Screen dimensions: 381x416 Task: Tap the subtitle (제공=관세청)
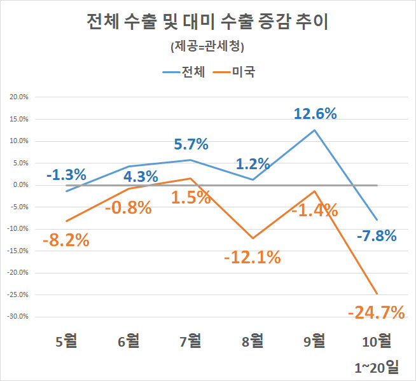[x=207, y=46]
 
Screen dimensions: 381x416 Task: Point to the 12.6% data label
[x=315, y=114]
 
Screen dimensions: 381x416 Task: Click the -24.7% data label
[x=377, y=312]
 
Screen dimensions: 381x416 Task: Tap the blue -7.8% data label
[x=376, y=236]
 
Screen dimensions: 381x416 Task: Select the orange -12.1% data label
[x=252, y=257]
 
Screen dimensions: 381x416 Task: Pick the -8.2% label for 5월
[x=66, y=240]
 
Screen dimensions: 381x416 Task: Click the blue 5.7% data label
[x=191, y=144]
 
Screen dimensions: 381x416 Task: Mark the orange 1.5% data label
[x=191, y=197]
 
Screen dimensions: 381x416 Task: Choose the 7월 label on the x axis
[x=190, y=341]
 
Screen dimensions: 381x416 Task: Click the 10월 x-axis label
[x=376, y=341]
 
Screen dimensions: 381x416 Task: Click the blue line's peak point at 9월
[x=314, y=130]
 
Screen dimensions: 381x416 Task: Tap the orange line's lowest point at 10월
[x=377, y=293]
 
